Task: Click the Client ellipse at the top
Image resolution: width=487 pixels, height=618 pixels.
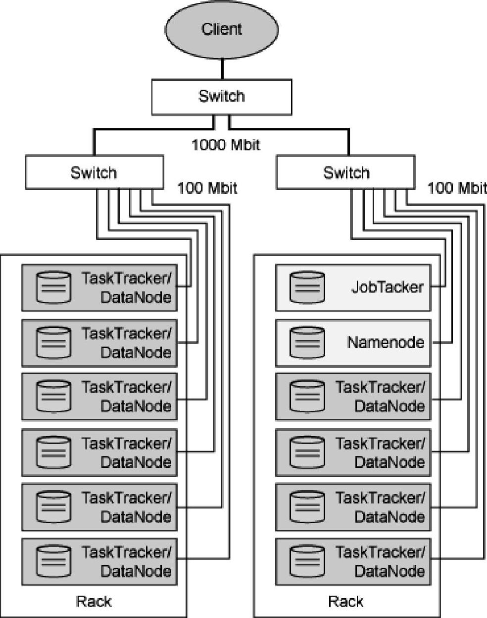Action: click(x=221, y=29)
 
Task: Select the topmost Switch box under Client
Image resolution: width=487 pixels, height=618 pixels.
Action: click(x=221, y=97)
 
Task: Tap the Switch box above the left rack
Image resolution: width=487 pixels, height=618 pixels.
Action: click(x=94, y=172)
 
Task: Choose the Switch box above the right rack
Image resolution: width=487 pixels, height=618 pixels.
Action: click(x=345, y=172)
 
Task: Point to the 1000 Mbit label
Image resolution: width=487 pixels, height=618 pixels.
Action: click(x=226, y=145)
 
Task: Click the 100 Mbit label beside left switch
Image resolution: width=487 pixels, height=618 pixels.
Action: click(x=207, y=188)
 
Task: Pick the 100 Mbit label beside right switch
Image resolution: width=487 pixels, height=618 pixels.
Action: click(x=456, y=188)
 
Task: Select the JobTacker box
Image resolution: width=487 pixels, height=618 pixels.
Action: click(x=353, y=287)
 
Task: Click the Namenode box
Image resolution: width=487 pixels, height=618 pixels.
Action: click(x=353, y=342)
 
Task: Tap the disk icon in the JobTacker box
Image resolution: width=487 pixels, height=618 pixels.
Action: click(x=307, y=287)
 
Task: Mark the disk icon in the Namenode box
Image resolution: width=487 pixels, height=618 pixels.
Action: click(x=307, y=342)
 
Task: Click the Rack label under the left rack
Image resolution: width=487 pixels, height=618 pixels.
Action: click(x=94, y=602)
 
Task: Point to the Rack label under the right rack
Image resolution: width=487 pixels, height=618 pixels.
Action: click(x=345, y=602)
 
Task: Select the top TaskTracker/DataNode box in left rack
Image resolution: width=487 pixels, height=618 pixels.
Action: click(x=99, y=287)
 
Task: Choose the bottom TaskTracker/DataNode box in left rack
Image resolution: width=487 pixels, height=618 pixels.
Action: click(x=99, y=562)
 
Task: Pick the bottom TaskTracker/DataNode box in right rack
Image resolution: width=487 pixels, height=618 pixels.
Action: click(x=353, y=562)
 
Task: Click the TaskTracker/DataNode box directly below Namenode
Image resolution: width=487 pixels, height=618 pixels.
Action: click(x=353, y=396)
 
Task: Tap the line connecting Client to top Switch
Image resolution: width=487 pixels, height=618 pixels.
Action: click(x=222, y=69)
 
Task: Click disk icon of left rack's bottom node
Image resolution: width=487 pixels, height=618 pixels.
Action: click(x=53, y=562)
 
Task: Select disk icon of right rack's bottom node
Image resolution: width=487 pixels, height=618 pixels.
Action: click(x=307, y=562)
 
